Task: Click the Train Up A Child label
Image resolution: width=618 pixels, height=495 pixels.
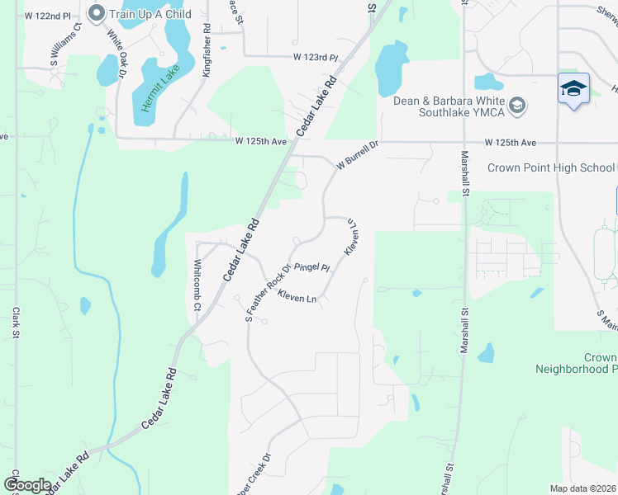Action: (150, 14)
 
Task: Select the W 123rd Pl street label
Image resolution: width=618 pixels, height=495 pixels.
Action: (316, 58)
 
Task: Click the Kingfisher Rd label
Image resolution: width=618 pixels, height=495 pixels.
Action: (207, 50)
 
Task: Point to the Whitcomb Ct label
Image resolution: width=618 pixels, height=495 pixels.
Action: (197, 285)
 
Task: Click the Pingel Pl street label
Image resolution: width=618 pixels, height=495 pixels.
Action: (312, 267)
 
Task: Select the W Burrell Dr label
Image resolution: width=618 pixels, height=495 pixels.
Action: (356, 155)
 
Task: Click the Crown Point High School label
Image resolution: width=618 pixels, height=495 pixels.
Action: (551, 167)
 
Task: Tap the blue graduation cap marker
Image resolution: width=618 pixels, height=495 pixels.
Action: (573, 87)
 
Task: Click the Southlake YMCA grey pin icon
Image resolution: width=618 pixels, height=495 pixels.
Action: (517, 105)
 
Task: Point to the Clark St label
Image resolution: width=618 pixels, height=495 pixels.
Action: (16, 323)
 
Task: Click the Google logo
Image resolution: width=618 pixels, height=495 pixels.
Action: (27, 485)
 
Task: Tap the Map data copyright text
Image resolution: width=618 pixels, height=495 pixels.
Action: (583, 488)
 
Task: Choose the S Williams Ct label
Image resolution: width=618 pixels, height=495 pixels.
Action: (65, 45)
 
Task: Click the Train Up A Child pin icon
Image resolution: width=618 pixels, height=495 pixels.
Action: (96, 13)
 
